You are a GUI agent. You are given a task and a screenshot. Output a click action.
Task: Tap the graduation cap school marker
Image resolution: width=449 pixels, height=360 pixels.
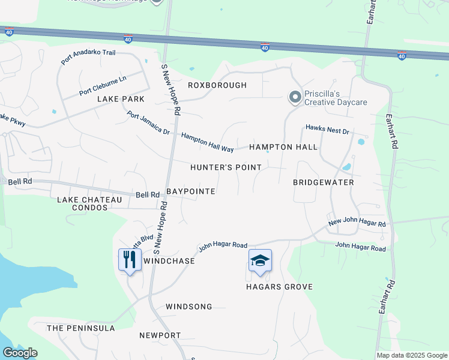point(260,261)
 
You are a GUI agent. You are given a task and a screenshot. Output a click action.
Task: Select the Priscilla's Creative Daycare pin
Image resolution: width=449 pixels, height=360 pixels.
point(295,97)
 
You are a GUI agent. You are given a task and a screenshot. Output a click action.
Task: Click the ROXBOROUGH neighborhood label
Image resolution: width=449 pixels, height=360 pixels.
point(217,85)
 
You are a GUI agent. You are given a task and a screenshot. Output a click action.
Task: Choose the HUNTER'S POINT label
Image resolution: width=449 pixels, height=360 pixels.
point(226,167)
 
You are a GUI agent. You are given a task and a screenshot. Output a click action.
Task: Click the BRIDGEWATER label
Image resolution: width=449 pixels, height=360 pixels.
point(324,182)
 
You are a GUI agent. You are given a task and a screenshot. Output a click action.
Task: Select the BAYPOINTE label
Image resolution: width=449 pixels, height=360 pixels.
point(190,191)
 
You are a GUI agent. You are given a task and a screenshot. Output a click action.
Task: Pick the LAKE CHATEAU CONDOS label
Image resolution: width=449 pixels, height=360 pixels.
point(82,203)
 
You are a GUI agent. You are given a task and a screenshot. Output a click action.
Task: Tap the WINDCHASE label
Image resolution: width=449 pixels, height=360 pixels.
point(169,262)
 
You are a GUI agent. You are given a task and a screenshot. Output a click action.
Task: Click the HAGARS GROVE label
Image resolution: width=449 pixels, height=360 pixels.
point(279,287)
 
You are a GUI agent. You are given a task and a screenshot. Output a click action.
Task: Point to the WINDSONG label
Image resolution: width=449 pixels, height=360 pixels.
point(189,307)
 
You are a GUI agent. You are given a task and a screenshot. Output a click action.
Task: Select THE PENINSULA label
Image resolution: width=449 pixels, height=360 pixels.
point(80,328)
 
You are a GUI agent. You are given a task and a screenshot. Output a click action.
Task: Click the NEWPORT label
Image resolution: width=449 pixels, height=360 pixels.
point(160,335)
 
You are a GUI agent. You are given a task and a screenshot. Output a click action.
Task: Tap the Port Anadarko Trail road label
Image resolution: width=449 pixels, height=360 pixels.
point(88,57)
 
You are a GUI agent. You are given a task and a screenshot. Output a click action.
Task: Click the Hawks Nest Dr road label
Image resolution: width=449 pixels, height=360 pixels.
point(327,128)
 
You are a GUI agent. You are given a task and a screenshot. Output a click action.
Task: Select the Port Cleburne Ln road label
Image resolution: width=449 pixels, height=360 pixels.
point(103,86)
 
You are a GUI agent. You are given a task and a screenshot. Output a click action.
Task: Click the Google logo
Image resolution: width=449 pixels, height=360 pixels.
point(20,353)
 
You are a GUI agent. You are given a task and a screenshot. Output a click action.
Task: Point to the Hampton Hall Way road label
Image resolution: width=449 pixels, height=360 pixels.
point(207,142)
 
